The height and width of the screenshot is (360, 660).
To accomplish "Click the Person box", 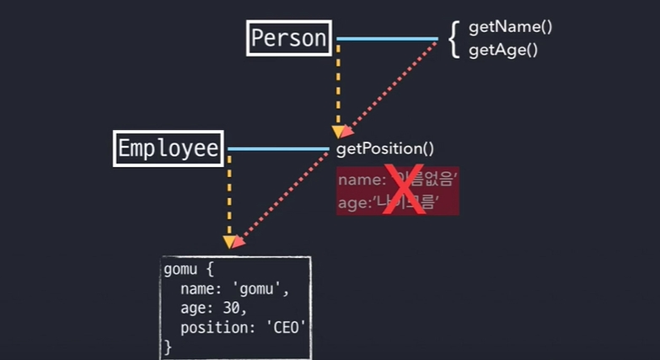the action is [288, 39].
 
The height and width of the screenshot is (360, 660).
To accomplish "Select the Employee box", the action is [169, 149].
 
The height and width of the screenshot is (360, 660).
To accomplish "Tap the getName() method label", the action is [510, 28].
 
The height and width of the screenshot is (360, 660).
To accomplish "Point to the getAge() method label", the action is [503, 50].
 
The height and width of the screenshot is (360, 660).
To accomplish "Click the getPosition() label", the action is [384, 149].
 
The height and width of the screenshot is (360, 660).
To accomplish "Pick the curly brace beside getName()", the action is [454, 39].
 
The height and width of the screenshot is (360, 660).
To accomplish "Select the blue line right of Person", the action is [388, 39].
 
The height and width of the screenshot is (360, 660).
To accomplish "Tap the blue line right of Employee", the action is [278, 149].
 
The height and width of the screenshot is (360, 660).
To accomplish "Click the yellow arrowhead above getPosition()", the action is [338, 132].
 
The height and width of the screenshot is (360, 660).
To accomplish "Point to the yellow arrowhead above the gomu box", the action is [229, 242].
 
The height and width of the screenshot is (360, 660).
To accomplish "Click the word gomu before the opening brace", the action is [179, 272].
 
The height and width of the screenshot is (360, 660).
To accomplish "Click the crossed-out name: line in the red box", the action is [397, 180].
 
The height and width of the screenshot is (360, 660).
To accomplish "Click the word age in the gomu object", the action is [191, 309].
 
